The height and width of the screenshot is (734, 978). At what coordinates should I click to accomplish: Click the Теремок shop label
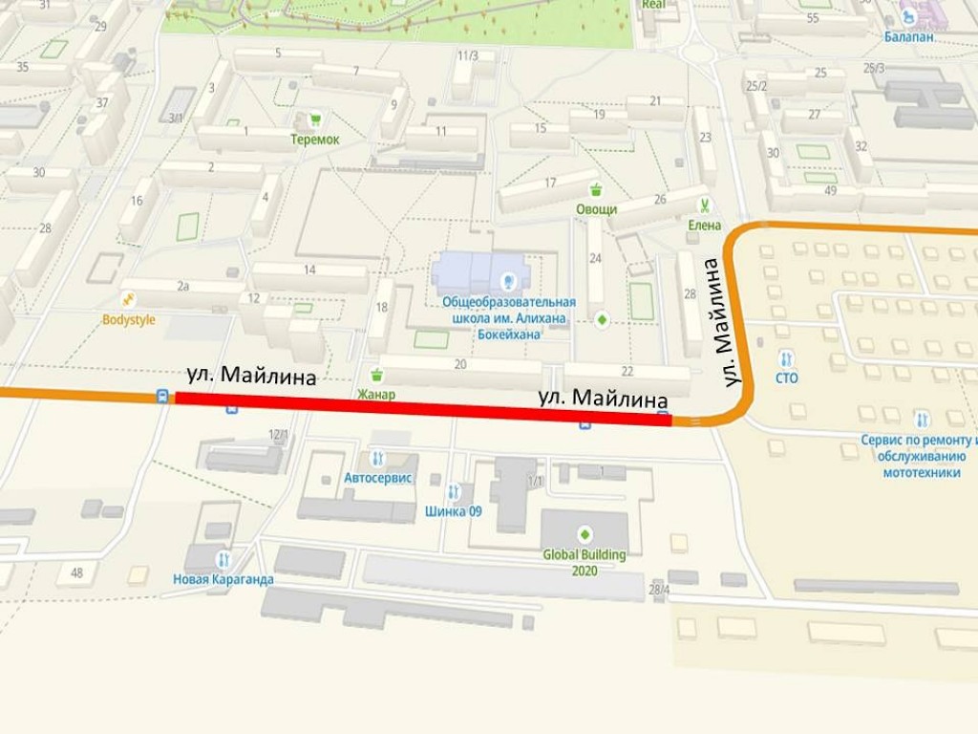click(x=315, y=140)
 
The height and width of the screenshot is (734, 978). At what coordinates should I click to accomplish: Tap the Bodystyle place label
click(x=128, y=320)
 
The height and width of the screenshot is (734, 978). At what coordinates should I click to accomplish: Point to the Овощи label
click(x=596, y=209)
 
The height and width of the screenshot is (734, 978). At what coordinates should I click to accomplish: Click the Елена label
click(x=704, y=226)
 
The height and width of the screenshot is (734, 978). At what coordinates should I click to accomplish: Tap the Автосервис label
click(x=378, y=477)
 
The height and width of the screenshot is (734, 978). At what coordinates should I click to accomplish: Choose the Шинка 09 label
click(x=454, y=511)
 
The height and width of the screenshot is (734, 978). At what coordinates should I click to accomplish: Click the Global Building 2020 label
click(x=585, y=562)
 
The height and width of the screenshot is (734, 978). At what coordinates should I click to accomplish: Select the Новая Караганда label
click(x=223, y=579)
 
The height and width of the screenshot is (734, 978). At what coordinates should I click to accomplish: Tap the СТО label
click(x=786, y=378)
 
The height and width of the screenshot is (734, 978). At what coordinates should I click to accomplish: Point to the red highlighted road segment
click(x=420, y=407)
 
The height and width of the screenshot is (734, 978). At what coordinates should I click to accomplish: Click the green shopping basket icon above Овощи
click(x=596, y=188)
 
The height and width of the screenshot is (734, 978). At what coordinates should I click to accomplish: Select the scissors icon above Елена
click(x=704, y=205)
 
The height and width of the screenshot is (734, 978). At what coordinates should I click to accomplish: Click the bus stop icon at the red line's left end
click(x=163, y=396)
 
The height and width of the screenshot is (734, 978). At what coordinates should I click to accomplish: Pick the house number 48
click(x=76, y=573)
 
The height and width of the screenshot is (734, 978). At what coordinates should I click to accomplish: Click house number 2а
click(x=182, y=286)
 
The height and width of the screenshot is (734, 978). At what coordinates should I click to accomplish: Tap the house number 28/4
click(x=659, y=589)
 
